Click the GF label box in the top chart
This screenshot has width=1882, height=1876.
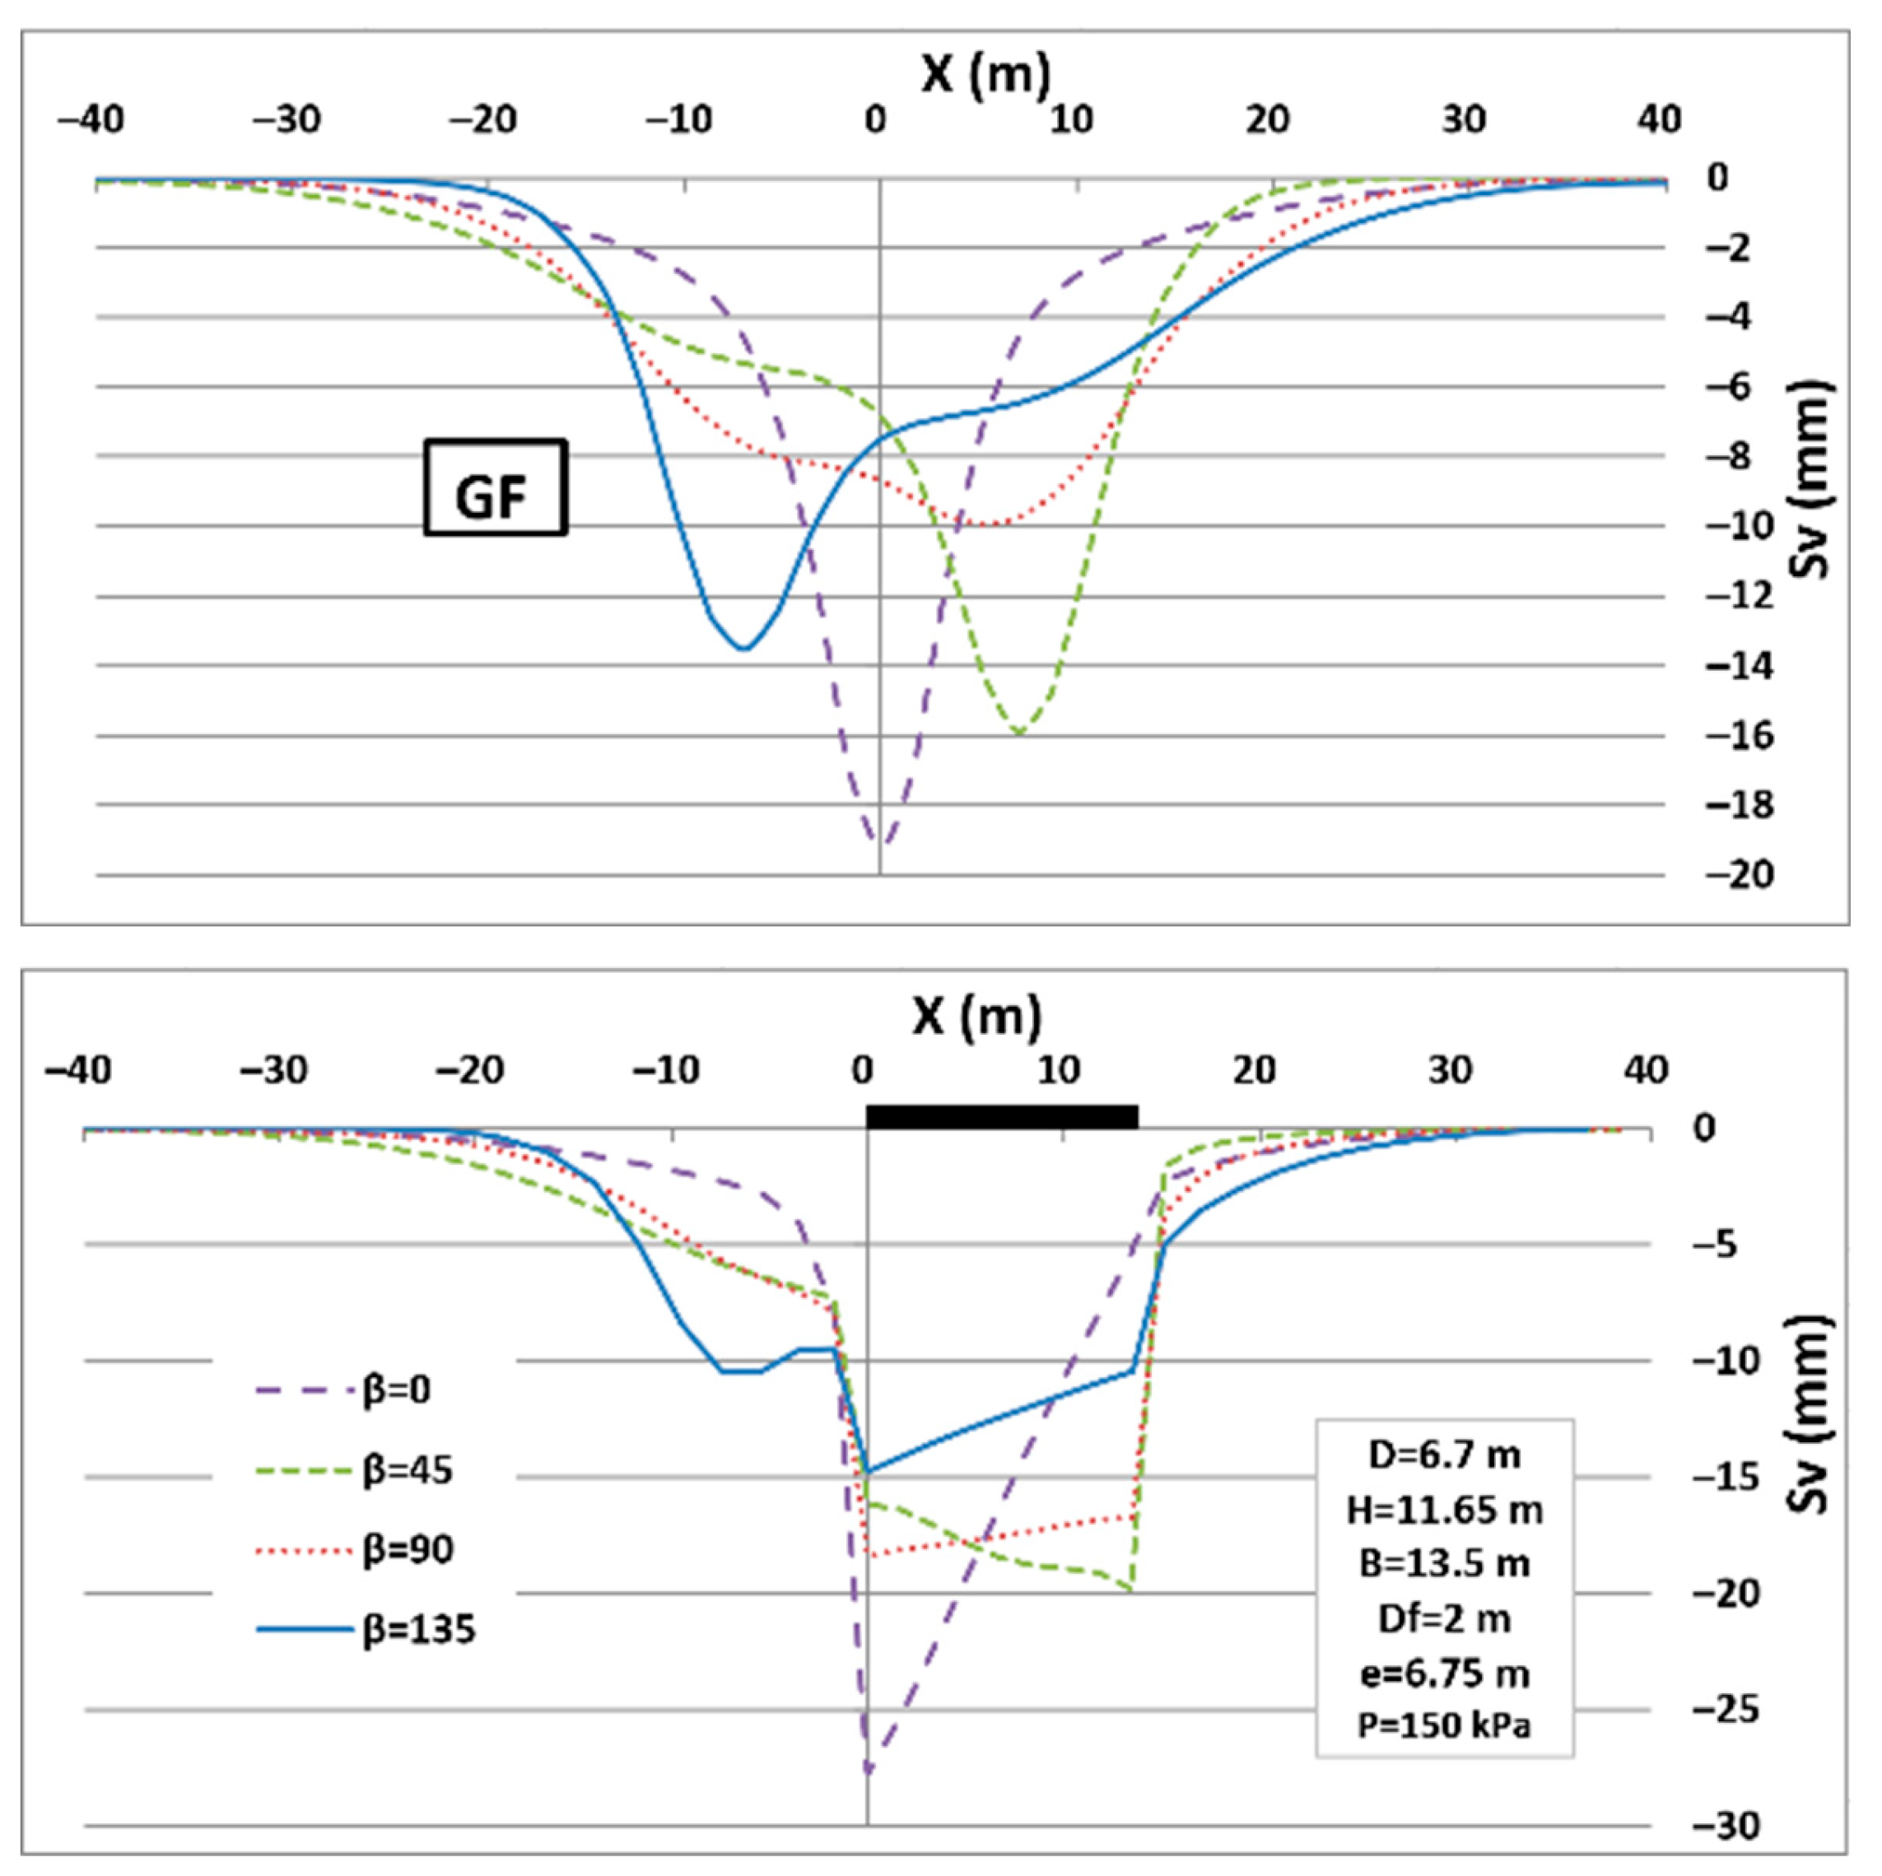pos(495,488)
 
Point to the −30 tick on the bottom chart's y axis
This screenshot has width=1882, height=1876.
pos(1726,1825)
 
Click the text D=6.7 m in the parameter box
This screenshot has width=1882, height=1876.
pos(1444,1455)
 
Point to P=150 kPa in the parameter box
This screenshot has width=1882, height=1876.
pos(1444,1725)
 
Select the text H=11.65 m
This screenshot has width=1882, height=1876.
pos(1444,1510)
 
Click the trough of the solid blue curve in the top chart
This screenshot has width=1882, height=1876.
pos(744,649)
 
